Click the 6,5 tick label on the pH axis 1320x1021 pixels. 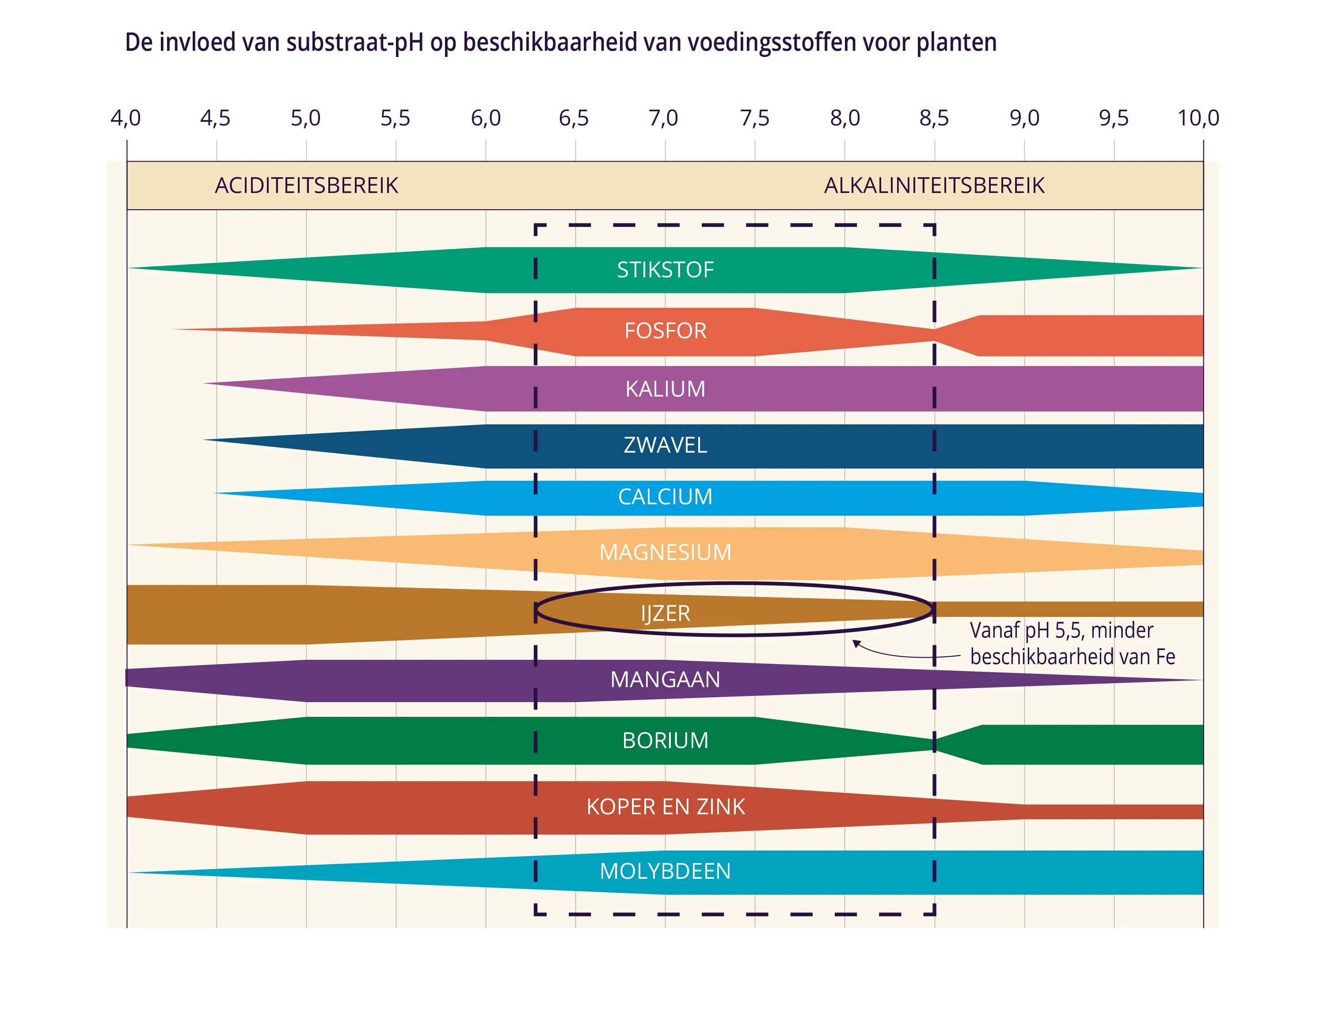tap(574, 118)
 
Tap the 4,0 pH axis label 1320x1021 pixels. tap(126, 118)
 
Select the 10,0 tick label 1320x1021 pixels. tap(1198, 118)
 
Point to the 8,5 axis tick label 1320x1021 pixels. tap(934, 118)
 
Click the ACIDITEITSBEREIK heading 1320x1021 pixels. tap(306, 185)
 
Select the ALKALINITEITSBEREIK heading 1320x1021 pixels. tap(934, 185)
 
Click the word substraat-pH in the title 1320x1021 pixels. tap(355, 43)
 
